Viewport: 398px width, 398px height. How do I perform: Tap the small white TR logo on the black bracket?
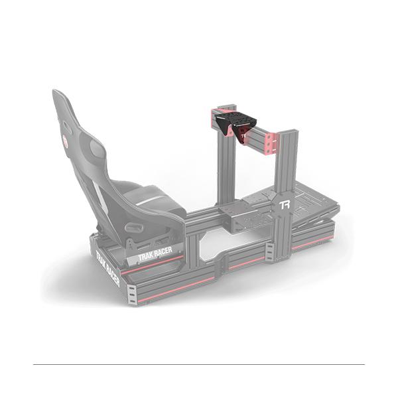pyautogui.click(x=244, y=136)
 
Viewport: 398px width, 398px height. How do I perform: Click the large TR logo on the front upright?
pyautogui.click(x=285, y=205)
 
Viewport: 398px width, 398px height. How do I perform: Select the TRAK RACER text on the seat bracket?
pyautogui.click(x=155, y=254)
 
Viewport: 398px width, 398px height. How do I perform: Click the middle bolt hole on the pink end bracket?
pyautogui.click(x=274, y=144)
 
